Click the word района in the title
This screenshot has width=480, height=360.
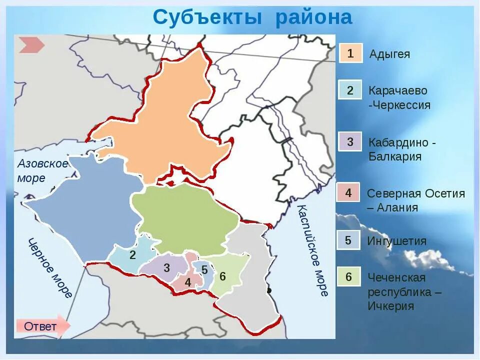pos(314,17)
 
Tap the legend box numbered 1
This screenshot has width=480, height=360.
pos(350,53)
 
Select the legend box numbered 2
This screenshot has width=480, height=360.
pos(350,90)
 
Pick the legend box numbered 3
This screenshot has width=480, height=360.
pos(350,141)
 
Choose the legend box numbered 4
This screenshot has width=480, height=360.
pos(348,192)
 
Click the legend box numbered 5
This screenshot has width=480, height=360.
pos(348,240)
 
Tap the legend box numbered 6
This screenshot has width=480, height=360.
pos(348,276)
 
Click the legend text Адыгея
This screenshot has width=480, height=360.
pos(389,54)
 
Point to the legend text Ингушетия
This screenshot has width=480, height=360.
pos(397,241)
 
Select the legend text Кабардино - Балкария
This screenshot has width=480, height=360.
pos(402,149)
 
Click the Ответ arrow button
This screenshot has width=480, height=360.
pos(42,326)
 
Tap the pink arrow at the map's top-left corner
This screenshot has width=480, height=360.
pos(31,45)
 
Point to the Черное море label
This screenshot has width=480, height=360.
pos(50,267)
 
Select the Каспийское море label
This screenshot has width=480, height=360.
pos(313,250)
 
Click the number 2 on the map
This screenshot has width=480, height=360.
pos(132,255)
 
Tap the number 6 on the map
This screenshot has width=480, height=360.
pos(222,276)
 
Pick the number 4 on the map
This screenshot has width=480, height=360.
pos(188,282)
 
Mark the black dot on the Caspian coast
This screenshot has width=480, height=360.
pos(269,290)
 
